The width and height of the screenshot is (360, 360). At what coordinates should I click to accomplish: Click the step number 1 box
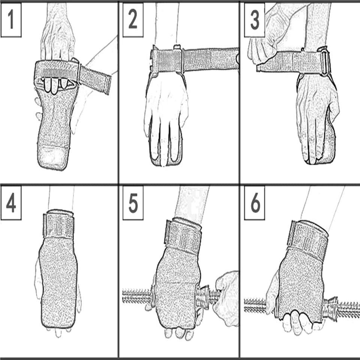point(11,19)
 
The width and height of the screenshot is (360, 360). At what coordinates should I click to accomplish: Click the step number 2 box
point(133,19)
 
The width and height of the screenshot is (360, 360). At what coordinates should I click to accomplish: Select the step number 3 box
point(255,19)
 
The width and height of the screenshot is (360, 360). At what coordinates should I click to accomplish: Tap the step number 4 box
point(11,203)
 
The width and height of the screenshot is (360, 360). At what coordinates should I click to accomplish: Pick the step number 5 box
point(133,203)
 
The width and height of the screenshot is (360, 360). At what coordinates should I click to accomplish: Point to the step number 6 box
point(255,203)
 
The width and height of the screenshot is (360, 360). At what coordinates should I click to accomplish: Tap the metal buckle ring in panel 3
point(323,61)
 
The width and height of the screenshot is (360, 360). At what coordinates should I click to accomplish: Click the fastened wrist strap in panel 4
point(58,224)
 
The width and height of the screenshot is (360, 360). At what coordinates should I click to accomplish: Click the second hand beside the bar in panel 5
point(226,298)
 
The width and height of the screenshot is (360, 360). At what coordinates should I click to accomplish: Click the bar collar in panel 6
point(330,309)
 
